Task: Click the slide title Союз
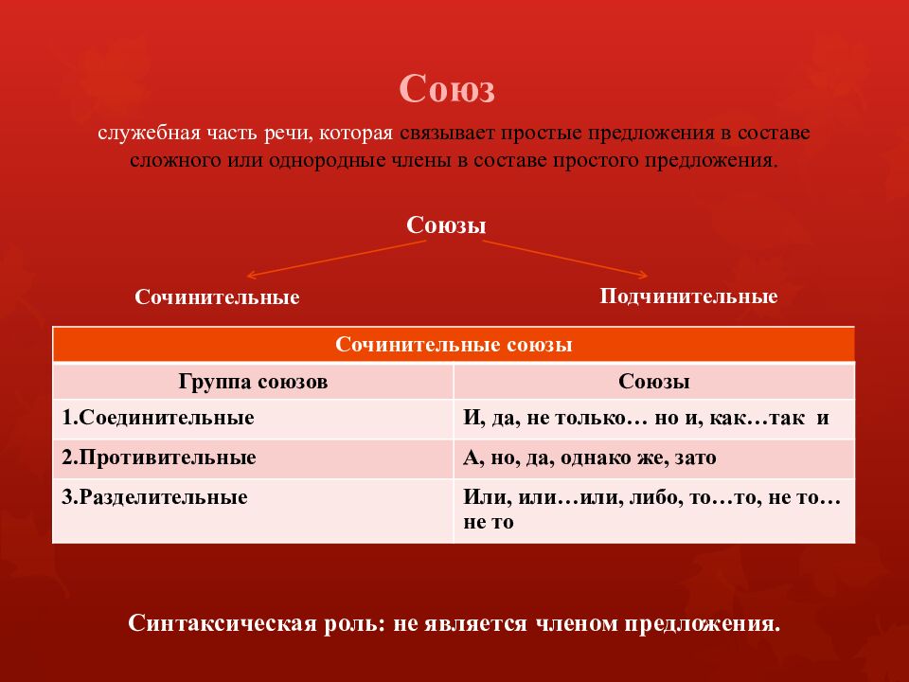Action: (x=448, y=91)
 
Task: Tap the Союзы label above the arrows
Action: (x=446, y=226)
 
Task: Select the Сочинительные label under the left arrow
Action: (x=217, y=297)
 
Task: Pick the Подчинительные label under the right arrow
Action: (x=688, y=296)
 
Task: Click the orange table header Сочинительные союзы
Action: (x=454, y=345)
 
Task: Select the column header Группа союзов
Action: (x=253, y=382)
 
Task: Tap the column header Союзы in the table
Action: (x=653, y=382)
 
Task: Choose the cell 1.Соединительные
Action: (x=158, y=418)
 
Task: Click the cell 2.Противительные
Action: (x=159, y=458)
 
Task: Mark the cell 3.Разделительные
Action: (x=155, y=496)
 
